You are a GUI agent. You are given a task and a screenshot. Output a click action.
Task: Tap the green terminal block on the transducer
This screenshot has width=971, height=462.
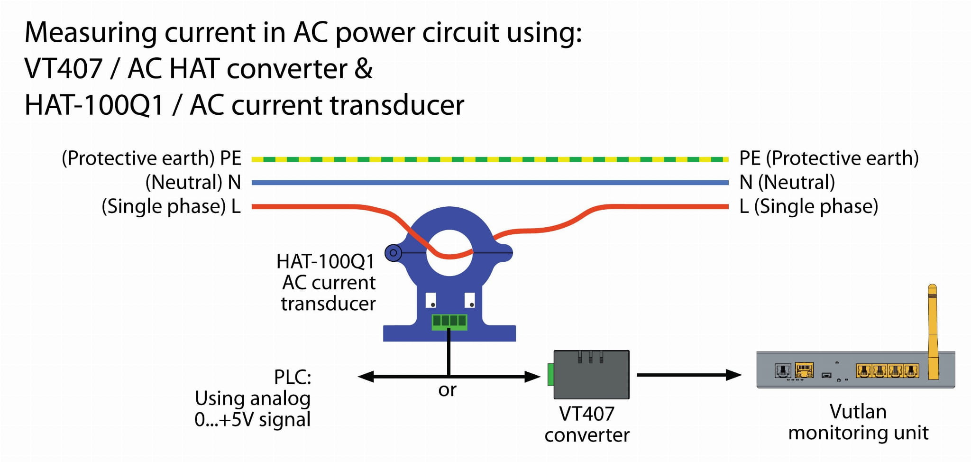(449, 322)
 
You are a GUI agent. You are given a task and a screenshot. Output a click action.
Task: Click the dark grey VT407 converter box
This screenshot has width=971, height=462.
(592, 375)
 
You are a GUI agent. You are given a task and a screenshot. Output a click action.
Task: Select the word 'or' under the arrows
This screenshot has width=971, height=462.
(447, 390)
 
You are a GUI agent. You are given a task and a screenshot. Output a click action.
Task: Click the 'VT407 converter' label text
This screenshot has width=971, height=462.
(587, 424)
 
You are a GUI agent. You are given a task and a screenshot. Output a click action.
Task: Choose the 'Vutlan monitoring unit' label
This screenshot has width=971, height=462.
(858, 422)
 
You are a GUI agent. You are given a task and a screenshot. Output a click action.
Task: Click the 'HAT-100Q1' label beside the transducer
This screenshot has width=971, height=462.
(325, 261)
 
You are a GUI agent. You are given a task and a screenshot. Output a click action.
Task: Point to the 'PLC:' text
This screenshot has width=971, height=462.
(293, 377)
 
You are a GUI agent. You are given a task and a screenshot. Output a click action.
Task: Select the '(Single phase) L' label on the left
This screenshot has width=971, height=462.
(171, 207)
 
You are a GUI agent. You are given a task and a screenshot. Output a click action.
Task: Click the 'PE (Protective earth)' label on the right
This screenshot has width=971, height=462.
(829, 158)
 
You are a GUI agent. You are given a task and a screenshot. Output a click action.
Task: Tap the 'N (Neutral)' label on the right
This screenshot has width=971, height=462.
(787, 183)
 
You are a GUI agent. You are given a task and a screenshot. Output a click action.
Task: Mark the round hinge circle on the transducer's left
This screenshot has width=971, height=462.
(393, 253)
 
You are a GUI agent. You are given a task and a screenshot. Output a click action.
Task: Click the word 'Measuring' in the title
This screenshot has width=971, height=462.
(91, 33)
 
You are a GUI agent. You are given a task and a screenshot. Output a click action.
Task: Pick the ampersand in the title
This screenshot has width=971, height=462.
(363, 69)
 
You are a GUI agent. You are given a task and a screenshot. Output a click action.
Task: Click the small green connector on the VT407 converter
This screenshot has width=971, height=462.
(550, 375)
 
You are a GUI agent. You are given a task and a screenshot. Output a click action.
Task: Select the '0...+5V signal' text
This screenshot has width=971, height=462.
(252, 420)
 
